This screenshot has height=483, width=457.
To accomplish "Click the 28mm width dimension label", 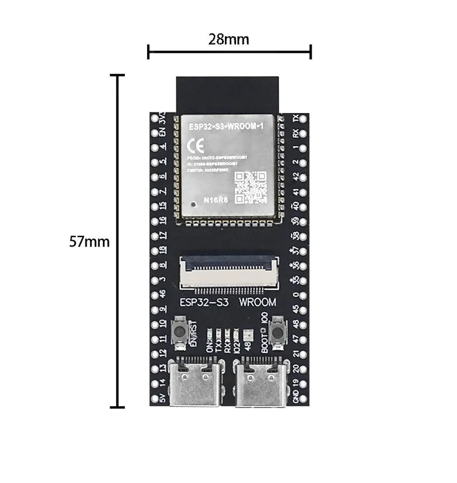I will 228,40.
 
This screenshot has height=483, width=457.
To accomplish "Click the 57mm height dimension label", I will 89,241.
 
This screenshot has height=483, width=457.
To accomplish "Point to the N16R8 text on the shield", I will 215,200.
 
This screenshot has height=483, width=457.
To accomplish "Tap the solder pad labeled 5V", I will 155,398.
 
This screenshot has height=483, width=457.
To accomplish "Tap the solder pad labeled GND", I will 303,398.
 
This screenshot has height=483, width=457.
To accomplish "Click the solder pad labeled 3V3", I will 155,118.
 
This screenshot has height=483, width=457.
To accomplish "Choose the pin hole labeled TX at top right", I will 303,118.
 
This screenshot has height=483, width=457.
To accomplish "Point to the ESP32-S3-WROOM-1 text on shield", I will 226,126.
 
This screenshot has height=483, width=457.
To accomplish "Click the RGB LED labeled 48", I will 248,336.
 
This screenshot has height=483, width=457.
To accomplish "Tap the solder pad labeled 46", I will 155,294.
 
